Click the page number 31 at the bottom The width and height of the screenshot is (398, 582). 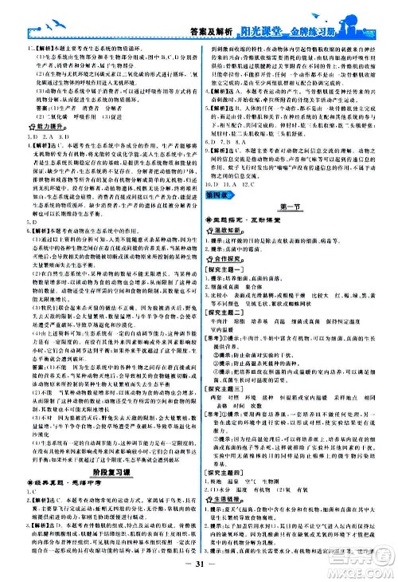198,567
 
